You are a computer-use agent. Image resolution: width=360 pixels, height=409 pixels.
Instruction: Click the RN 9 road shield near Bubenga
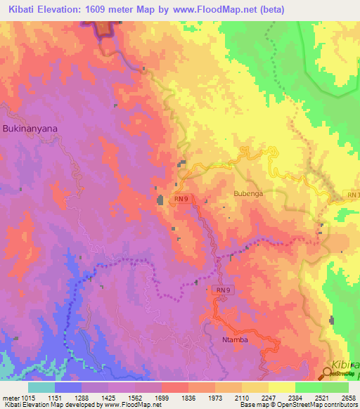[181, 200]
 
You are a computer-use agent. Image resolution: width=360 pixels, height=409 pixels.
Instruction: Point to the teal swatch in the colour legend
[41, 387]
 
